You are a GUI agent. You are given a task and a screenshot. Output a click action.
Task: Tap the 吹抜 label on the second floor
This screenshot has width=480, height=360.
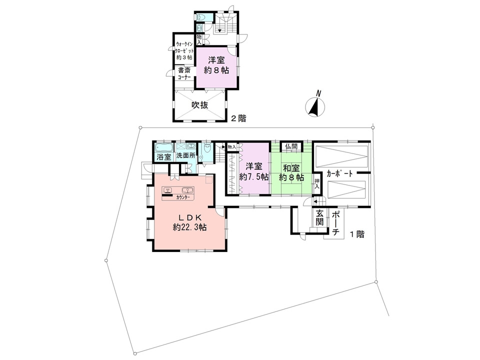coord(200,105)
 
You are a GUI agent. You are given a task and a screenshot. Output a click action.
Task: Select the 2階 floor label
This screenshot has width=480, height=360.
coord(238,118)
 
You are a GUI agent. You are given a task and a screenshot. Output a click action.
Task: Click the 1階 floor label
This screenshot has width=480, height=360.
coord(357,234)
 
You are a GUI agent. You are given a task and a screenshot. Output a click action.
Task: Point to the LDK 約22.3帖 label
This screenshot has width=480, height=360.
coord(189,222)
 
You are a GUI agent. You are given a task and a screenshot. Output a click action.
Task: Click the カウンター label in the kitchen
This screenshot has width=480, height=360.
coord(183,197)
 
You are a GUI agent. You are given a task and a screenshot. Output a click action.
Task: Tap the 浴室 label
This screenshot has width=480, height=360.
coord(164,157)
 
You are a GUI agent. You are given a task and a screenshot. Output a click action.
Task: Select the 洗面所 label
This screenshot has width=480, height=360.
coord(186,155)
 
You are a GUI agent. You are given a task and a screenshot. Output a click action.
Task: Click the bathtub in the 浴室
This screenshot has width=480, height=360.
coord(164,147)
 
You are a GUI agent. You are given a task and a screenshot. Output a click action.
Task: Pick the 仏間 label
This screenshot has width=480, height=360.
coord(291,146)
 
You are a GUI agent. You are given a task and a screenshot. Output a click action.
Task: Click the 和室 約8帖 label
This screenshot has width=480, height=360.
coord(291,172)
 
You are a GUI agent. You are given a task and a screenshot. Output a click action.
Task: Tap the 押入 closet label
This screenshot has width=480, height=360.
coord(317,183)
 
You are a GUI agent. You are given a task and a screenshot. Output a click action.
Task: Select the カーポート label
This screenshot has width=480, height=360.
coord(340,173)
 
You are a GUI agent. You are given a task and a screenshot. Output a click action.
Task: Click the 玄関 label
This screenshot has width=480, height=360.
coord(319,217)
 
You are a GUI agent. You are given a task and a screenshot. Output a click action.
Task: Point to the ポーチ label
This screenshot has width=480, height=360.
coord(336,223)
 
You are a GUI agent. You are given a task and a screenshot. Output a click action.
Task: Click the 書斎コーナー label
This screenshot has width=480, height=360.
coord(184,73)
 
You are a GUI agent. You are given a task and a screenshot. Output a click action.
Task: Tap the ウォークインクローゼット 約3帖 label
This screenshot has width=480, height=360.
coord(184,51)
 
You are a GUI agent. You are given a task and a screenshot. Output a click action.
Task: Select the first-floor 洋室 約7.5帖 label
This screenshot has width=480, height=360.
coord(254,171)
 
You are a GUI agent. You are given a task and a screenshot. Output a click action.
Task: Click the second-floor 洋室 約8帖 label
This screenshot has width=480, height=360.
coord(216,65)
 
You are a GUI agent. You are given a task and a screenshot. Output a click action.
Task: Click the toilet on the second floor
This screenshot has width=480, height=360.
coord(201,17)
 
